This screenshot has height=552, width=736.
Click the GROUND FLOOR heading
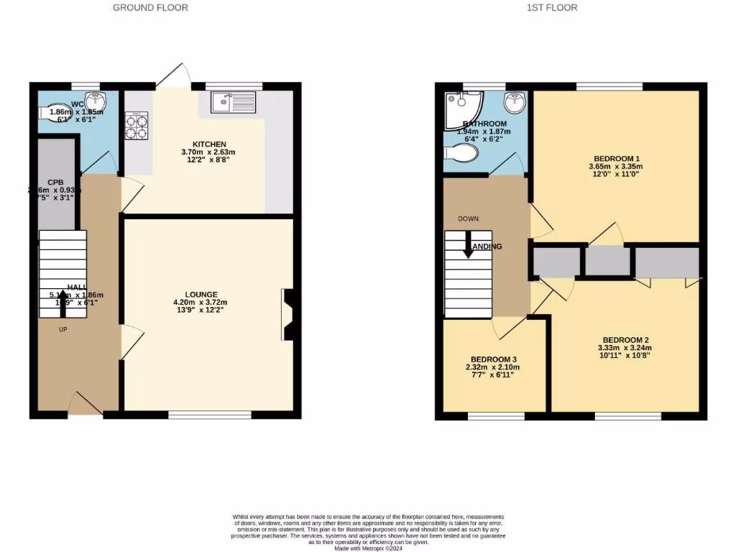(151, 8)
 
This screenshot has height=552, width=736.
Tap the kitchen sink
(233, 103)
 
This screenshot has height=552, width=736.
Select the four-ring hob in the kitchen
(137, 125)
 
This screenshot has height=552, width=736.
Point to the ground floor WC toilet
(53, 112)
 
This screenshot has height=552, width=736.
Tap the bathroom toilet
(460, 153)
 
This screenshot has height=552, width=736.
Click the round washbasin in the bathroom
(515, 103)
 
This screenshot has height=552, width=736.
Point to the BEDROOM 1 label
(617, 159)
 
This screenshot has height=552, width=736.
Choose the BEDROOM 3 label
(493, 359)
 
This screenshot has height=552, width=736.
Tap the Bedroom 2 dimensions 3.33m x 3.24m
(625, 349)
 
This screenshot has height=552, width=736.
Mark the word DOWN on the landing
(468, 218)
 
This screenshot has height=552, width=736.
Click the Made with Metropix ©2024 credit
(368, 548)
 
